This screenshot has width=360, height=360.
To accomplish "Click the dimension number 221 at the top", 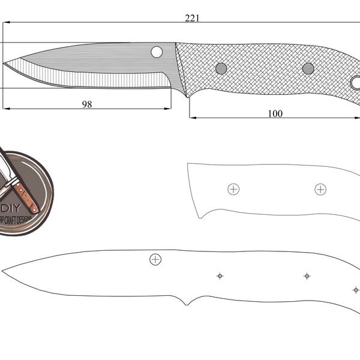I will coord(192,18).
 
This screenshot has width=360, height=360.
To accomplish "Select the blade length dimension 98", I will coord(87,104).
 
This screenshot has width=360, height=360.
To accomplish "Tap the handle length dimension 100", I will coord(275,113).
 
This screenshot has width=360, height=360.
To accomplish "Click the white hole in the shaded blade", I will coord(157,52).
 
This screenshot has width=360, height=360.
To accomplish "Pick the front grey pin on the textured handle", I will coord(221,68).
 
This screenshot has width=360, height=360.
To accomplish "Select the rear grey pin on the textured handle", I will coord(308,68).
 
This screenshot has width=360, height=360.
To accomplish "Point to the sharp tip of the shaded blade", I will coord(5,63).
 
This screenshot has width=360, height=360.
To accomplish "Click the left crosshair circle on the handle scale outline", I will coord(233,189).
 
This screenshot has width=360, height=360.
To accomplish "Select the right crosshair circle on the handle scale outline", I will coord(320,190).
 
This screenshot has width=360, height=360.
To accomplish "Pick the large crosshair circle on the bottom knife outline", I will coord(155,259).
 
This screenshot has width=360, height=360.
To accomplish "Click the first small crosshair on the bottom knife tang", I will coord(220,276).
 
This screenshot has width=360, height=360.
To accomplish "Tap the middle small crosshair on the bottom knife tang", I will coord(307,276).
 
